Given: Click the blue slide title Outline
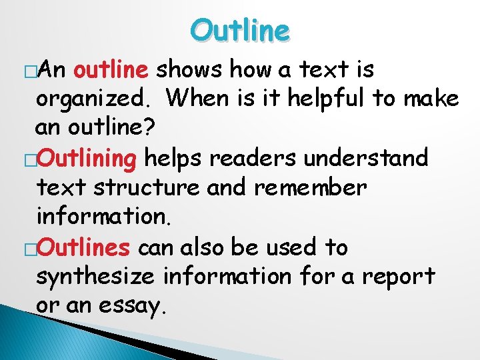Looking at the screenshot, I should pos(240,30).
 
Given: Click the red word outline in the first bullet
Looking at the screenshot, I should pos(115,69).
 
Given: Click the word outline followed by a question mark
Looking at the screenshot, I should pos(112,128).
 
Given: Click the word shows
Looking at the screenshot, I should pos(194,69).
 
